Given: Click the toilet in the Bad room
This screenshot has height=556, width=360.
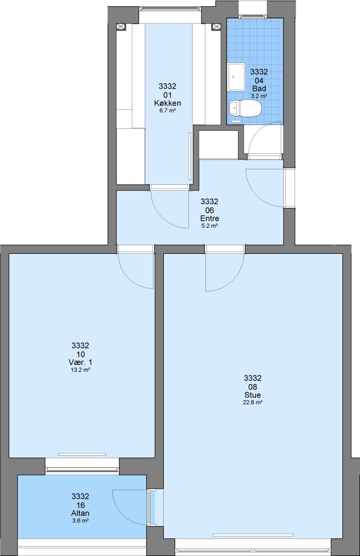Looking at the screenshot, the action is [x=245, y=108].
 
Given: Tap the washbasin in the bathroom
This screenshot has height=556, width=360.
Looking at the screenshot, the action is [x=236, y=77].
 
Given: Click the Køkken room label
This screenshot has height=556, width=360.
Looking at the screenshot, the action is [x=168, y=103].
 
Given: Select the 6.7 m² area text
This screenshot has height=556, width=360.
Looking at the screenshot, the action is [x=168, y=110].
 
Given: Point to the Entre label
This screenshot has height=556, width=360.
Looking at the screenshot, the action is [x=210, y=218].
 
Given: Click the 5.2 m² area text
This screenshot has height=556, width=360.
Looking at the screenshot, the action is [x=210, y=225].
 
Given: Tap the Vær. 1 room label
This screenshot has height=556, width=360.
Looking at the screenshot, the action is [x=80, y=362].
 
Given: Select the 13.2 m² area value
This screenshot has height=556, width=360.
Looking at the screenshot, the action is [x=80, y=370].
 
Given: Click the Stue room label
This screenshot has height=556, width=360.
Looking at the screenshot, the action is [x=252, y=395].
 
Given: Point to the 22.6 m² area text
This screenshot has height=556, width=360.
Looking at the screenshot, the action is [x=252, y=402].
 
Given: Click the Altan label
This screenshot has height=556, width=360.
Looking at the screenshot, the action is [x=80, y=513].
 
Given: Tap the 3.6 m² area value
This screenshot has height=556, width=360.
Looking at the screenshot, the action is [x=80, y=520].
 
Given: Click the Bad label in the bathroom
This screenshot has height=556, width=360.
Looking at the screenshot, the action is [x=259, y=89].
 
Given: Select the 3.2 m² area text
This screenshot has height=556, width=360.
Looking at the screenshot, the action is [x=259, y=96].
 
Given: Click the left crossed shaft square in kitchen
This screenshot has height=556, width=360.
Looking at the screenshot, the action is [x=122, y=27].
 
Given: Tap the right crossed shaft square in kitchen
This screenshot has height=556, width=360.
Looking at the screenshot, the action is [x=216, y=27].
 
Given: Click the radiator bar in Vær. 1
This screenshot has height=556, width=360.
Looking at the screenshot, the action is [x=82, y=454].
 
